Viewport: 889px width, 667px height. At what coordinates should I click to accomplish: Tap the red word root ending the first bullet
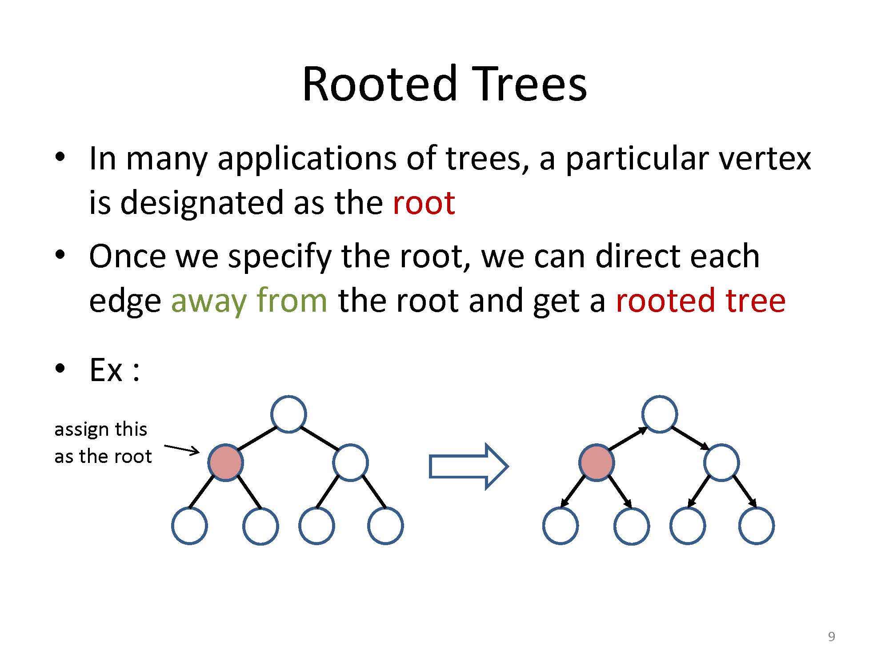(424, 203)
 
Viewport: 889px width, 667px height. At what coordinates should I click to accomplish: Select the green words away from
(249, 301)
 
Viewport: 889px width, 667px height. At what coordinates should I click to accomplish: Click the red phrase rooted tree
(701, 301)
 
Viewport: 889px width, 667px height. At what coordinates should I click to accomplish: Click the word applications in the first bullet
(307, 159)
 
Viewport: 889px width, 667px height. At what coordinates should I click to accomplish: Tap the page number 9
(831, 637)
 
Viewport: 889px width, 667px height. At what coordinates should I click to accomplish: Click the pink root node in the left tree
(226, 462)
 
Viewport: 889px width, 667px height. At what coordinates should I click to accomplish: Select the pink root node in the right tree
(597, 462)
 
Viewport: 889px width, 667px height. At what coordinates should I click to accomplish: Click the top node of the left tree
(288, 414)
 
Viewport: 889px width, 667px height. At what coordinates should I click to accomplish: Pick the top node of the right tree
(660, 414)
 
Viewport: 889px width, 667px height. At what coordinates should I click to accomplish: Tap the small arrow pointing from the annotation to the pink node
(182, 450)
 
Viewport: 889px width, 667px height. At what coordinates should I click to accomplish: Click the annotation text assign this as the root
(102, 443)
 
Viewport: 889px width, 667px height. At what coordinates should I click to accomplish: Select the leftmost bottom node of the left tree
(189, 526)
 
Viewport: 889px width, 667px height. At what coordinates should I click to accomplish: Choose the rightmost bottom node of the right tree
(757, 526)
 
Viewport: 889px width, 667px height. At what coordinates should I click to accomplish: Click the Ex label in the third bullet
(106, 370)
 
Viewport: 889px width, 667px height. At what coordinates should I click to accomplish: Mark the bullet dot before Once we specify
(60, 255)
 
